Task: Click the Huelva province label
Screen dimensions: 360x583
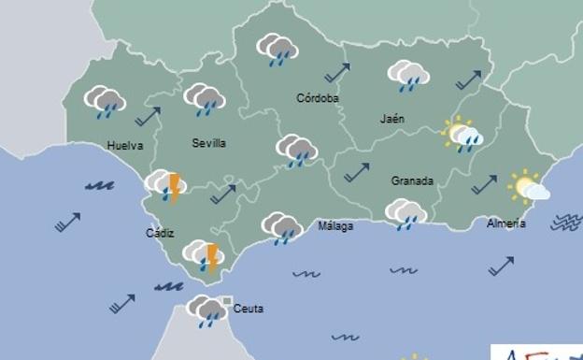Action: (x=125, y=146)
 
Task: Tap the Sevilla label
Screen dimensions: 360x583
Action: (x=209, y=143)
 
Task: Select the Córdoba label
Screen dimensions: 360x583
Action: (x=318, y=98)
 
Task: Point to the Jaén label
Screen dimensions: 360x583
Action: (x=392, y=120)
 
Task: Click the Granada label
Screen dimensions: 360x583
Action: (x=412, y=180)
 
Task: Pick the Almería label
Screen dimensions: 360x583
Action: (x=505, y=223)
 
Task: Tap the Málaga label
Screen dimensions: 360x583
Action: (x=335, y=226)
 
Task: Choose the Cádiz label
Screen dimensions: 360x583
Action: (x=160, y=233)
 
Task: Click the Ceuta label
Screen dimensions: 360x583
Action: (x=249, y=309)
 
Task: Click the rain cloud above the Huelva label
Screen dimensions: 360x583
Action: (x=106, y=101)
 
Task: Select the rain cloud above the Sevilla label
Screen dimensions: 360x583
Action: (x=205, y=99)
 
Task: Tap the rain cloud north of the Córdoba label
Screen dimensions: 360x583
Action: (x=277, y=50)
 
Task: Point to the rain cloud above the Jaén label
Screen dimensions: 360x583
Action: (x=408, y=75)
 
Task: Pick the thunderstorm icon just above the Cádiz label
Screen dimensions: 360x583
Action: (x=167, y=185)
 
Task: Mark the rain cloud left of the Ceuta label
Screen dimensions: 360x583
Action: (x=206, y=310)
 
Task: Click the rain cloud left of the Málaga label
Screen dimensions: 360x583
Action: (x=281, y=227)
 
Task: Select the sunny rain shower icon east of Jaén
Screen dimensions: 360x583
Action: (x=462, y=135)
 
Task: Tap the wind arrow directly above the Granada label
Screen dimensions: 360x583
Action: (x=356, y=172)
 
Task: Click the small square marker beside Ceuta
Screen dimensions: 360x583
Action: (x=227, y=300)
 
